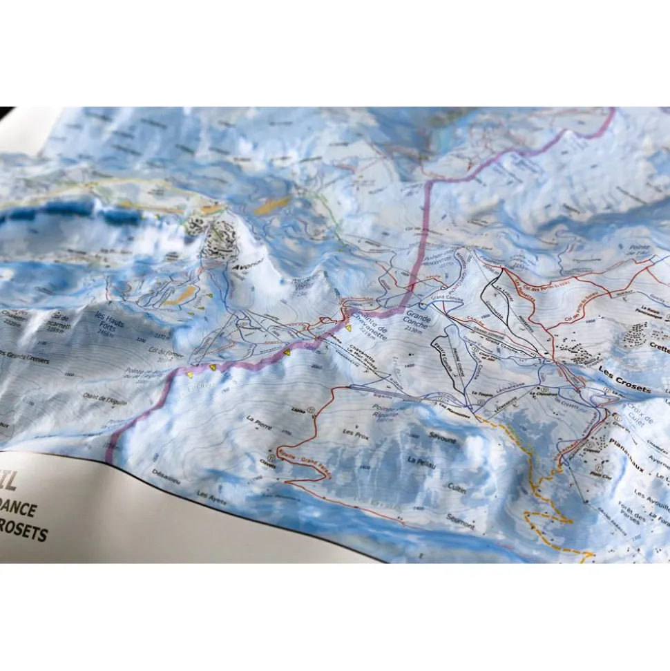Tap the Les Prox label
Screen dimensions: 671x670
coord(354,433)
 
